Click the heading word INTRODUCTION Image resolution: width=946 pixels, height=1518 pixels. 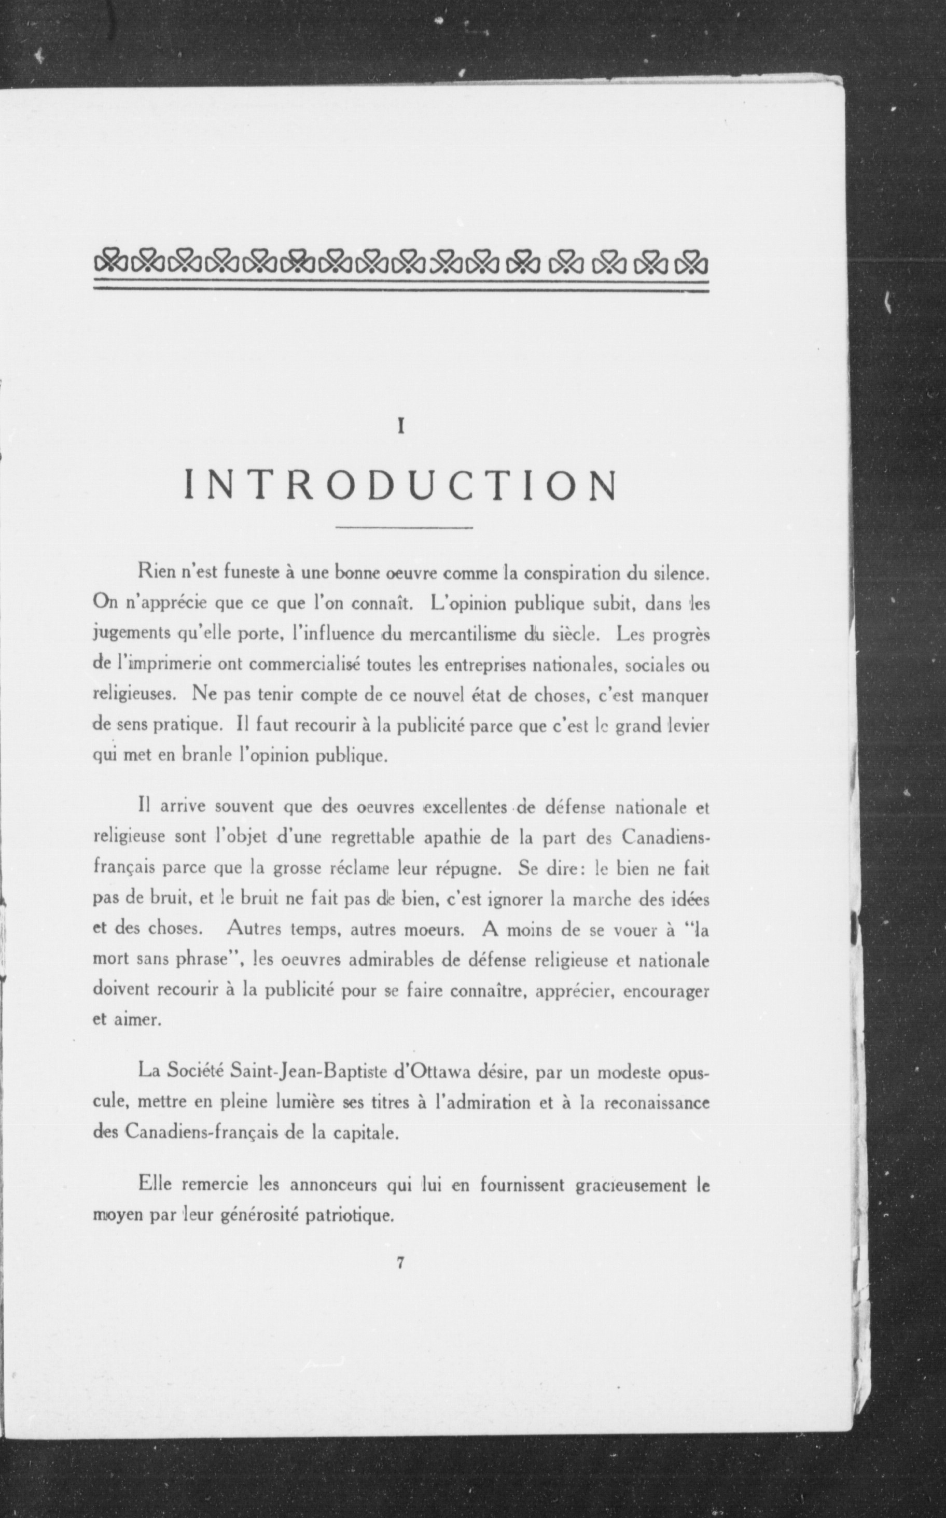[401, 485]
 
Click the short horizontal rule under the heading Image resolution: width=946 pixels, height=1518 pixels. [404, 529]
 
